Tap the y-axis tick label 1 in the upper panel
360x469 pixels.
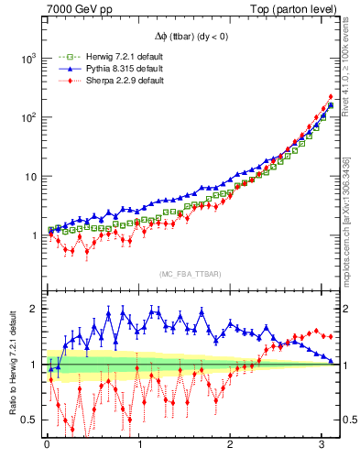tap(36, 235)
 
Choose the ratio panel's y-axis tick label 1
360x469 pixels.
tap(36, 365)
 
